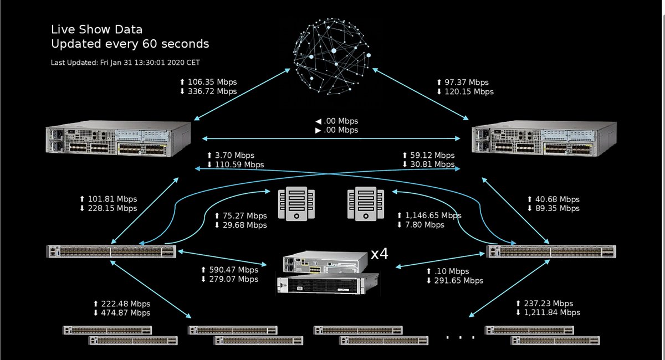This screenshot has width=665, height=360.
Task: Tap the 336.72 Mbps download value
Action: (212, 91)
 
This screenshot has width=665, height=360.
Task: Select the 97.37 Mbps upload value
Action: (467, 82)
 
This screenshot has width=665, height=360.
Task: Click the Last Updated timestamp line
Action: (129, 63)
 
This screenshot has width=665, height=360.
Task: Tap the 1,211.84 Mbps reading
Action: (553, 312)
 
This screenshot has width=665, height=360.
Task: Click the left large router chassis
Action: (120, 140)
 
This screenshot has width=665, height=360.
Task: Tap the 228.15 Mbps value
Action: (112, 208)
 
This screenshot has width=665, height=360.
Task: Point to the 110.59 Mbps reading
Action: (239, 164)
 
